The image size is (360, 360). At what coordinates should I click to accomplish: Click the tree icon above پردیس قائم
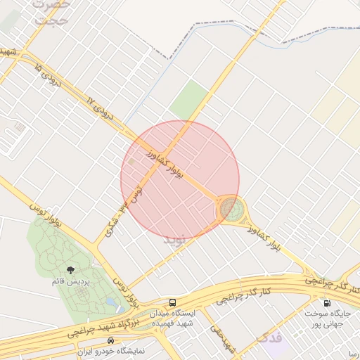(70, 269)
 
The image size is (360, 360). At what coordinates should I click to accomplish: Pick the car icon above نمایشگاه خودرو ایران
(111, 340)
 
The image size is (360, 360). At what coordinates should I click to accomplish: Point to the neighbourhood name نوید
(176, 240)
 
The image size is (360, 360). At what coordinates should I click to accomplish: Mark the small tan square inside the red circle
(131, 162)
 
